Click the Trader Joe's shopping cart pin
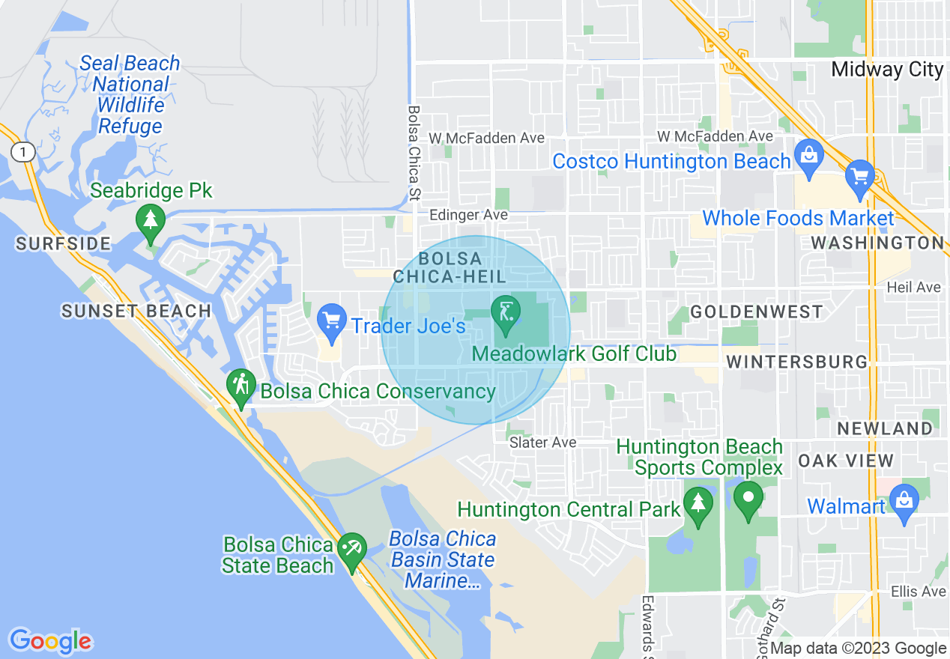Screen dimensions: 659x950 (x=331, y=321)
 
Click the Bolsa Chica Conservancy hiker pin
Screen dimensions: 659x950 (x=240, y=386)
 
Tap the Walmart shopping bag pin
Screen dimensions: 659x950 (x=904, y=500)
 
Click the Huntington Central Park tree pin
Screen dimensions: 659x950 (x=698, y=504)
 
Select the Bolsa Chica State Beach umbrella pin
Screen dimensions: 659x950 (x=351, y=549)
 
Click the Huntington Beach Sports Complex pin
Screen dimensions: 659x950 (x=748, y=498)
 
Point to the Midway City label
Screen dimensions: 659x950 (x=887, y=70)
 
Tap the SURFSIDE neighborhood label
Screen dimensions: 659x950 (x=63, y=243)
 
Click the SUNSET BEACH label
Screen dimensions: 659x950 (x=136, y=311)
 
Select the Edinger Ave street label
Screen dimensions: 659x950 (x=468, y=215)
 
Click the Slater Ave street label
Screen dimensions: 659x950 (x=542, y=443)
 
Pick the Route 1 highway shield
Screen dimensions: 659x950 (x=24, y=153)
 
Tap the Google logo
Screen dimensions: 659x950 (x=50, y=642)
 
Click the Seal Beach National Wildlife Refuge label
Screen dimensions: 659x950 (x=130, y=94)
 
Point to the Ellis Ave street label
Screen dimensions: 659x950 (x=918, y=592)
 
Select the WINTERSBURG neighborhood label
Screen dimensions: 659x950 (x=796, y=362)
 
